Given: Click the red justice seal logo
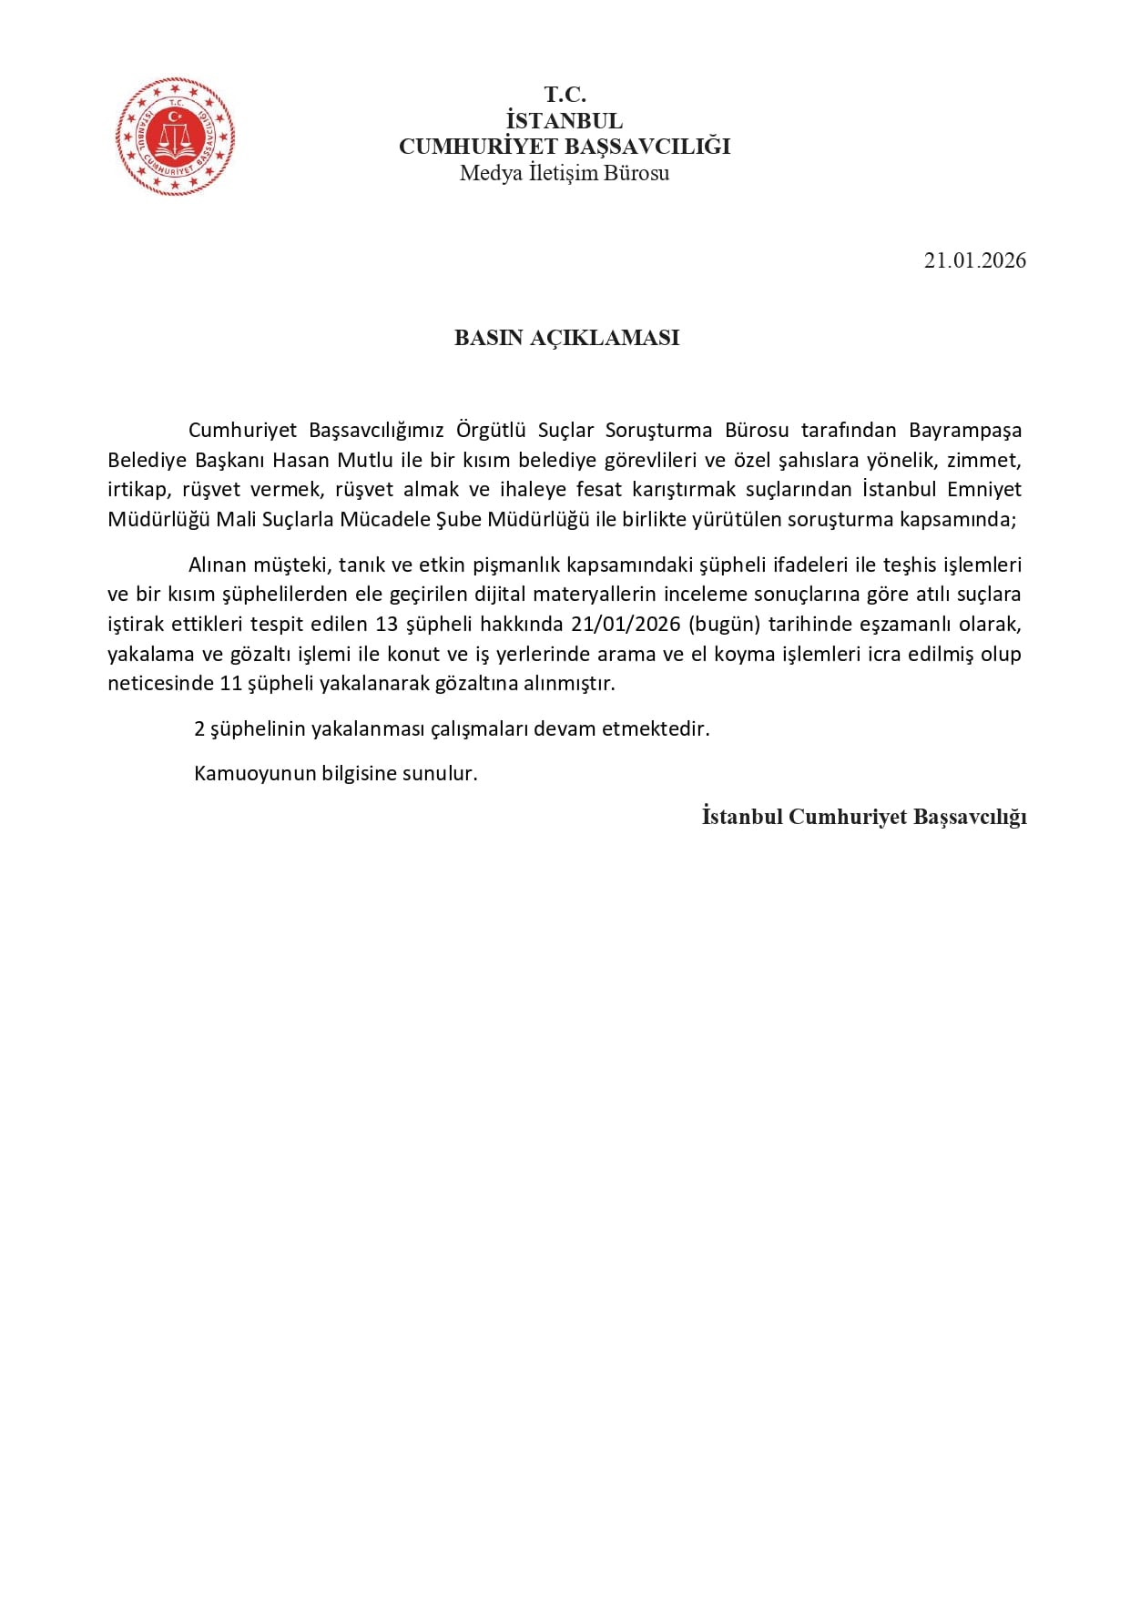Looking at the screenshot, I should point(175,137).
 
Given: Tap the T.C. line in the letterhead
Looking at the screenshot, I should point(565,95).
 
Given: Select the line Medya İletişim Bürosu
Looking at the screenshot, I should point(565,173).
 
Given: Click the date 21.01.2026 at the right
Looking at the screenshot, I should point(974,260).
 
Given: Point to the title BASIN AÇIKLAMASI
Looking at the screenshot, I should point(566,338).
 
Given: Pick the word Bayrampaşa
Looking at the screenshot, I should point(965,430).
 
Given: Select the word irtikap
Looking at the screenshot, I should point(138,490).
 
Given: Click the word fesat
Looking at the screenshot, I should point(599,490).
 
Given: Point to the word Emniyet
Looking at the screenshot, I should point(984,490).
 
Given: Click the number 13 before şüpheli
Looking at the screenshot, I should point(387,625).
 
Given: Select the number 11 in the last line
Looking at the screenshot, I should point(231,684).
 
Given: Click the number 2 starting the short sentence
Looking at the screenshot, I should point(199,729).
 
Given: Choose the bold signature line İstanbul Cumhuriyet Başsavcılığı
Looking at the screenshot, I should point(864,817).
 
